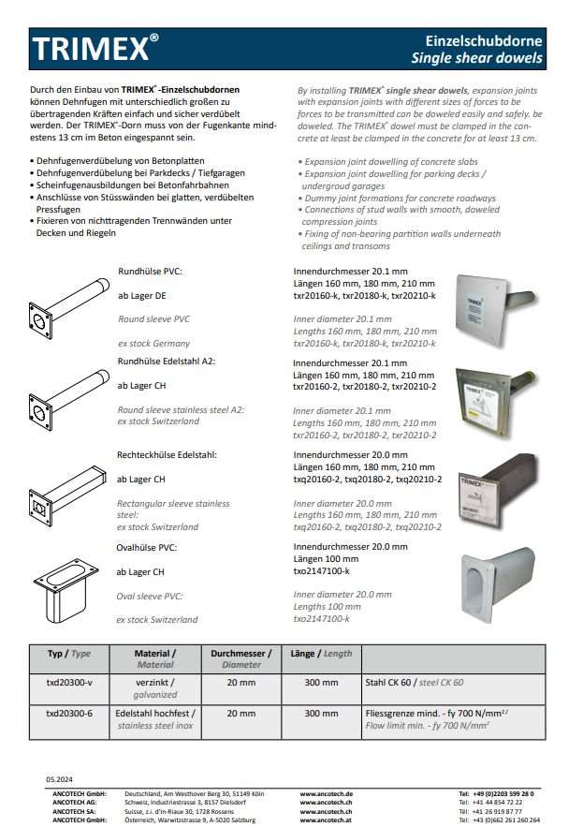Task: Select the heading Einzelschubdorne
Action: click(484, 41)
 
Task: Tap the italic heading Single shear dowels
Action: click(477, 58)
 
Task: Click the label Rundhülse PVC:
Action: click(150, 272)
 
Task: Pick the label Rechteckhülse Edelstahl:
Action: click(167, 455)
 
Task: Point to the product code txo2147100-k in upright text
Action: click(321, 571)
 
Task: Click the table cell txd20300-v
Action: click(69, 683)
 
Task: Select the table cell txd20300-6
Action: click(69, 713)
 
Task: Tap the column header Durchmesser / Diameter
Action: click(241, 658)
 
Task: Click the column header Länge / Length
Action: click(321, 654)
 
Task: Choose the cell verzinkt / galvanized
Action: click(155, 688)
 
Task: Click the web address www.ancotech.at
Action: click(326, 820)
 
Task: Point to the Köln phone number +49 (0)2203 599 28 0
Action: click(499, 793)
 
